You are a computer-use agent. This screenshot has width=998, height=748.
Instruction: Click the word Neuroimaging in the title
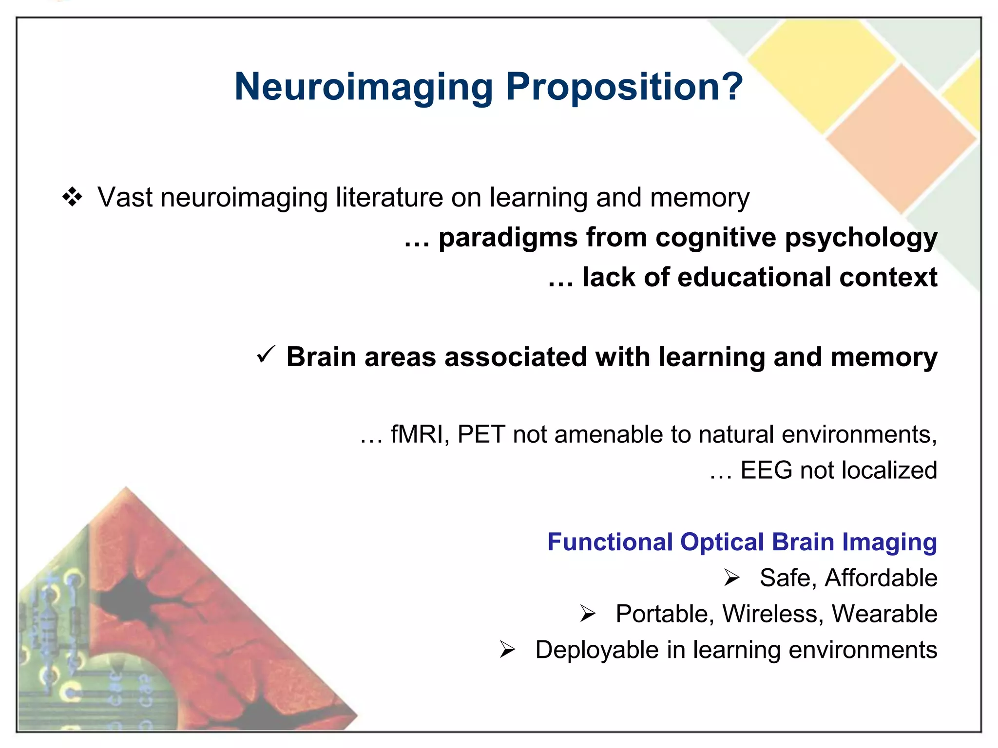pyautogui.click(x=364, y=88)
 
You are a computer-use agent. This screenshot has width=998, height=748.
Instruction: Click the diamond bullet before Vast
pyautogui.click(x=72, y=197)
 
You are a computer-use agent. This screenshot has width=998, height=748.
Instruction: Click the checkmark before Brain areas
pyautogui.click(x=266, y=355)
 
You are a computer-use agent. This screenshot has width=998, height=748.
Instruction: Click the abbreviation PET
pyautogui.click(x=481, y=434)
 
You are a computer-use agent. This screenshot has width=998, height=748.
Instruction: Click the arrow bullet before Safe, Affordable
pyautogui.click(x=731, y=578)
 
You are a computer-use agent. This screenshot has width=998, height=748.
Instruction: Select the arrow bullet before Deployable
pyautogui.click(x=507, y=650)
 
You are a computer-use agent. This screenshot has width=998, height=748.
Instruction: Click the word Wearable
pyautogui.click(x=884, y=614)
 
